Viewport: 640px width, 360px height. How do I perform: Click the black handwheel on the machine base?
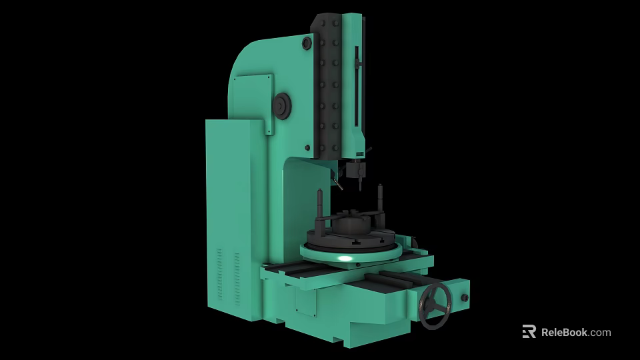435,306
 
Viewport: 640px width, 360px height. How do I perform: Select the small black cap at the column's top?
307,43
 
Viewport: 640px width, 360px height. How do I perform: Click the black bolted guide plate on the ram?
329,87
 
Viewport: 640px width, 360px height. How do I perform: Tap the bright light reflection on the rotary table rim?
345,258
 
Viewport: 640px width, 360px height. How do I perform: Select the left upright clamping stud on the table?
322,207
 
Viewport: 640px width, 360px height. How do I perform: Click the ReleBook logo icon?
529,332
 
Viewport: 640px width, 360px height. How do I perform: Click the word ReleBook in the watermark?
563,332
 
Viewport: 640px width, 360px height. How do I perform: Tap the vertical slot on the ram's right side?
357,87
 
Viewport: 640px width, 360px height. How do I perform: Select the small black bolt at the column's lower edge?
307,147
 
